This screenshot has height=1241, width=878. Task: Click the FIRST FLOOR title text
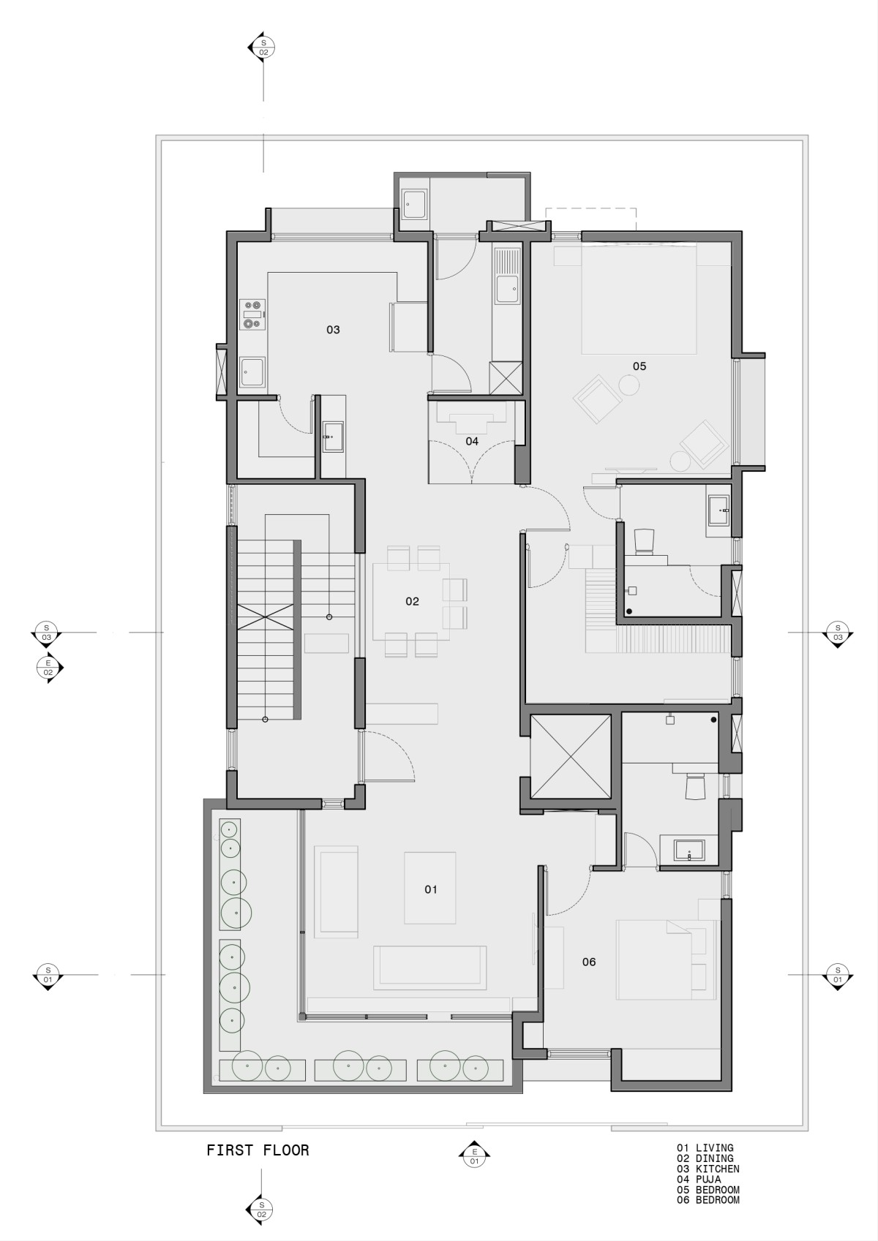258,1150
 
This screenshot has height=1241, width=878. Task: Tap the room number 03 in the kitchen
333,330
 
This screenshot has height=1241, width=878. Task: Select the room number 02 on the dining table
412,601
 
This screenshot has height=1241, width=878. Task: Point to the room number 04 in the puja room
472,441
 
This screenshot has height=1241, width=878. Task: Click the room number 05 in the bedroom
639,366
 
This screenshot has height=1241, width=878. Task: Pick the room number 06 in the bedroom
589,962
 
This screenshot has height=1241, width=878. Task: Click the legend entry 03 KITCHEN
708,1169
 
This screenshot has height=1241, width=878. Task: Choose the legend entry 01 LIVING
705,1148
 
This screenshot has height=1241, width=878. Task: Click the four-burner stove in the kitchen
252,314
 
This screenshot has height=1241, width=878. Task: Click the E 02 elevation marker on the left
49,668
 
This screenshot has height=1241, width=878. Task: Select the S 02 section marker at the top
263,47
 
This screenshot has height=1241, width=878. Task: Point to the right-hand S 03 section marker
838,633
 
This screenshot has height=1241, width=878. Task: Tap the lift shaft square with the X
571,757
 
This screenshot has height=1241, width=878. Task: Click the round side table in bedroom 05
629,385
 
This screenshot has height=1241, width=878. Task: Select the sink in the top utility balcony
413,205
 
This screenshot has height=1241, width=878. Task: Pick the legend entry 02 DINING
705,1158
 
